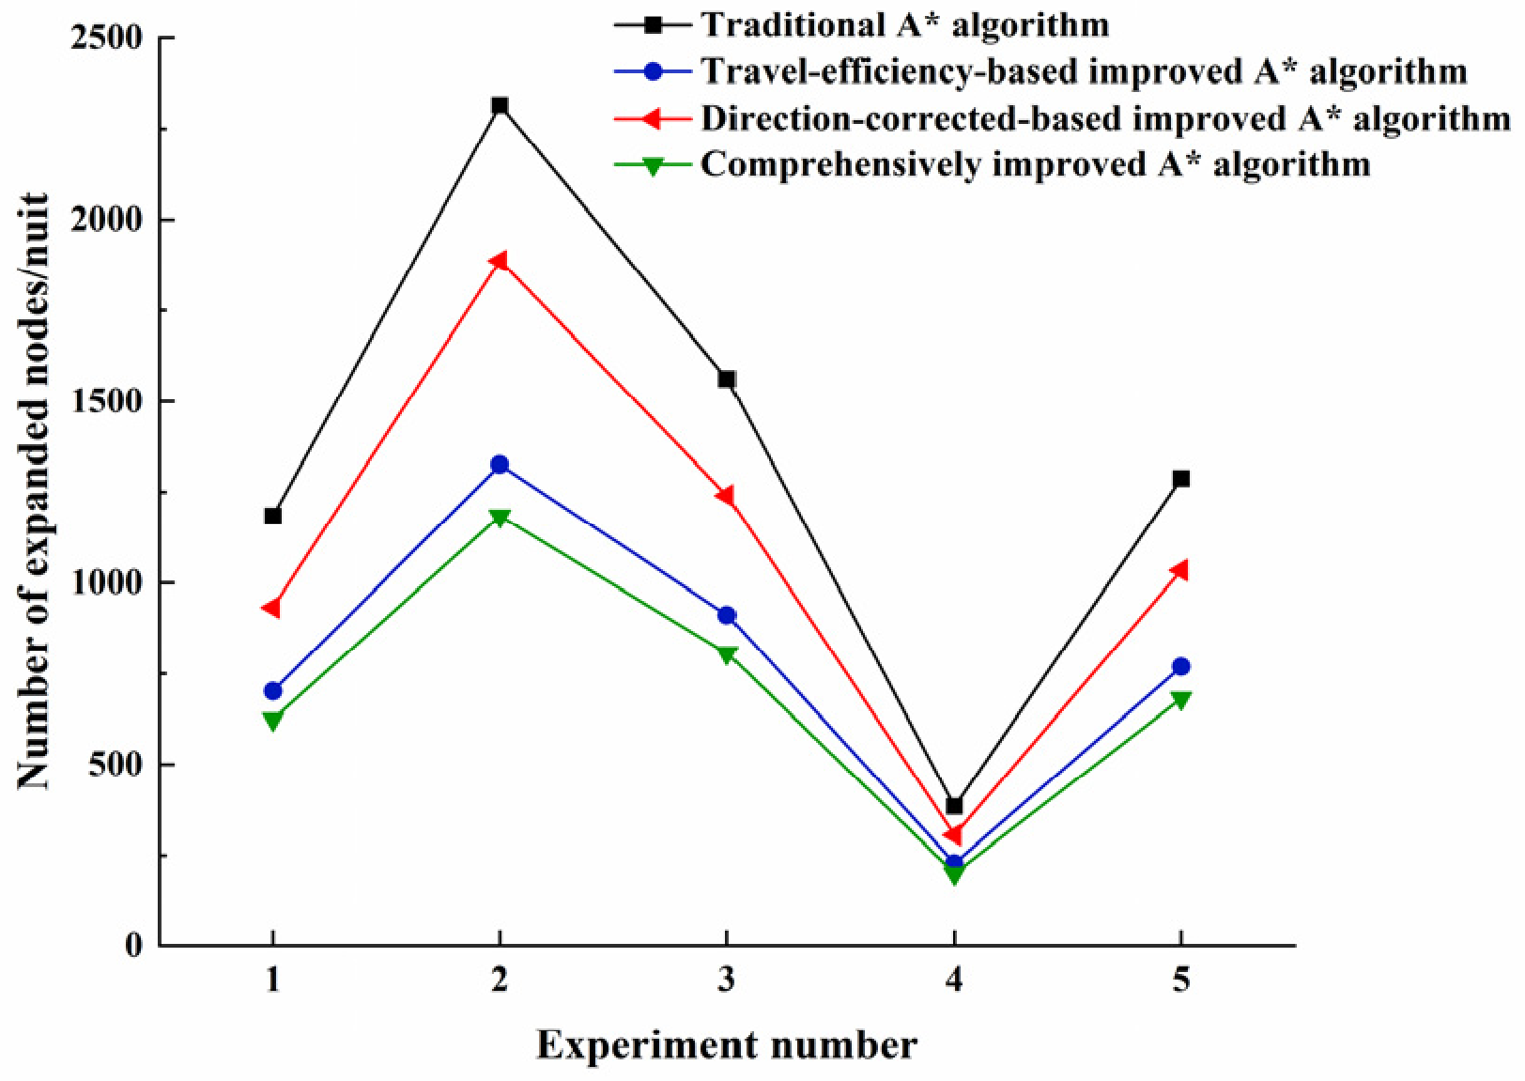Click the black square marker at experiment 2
(x=501, y=105)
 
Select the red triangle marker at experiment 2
(x=499, y=261)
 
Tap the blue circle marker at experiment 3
(x=727, y=615)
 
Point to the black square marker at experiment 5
(x=1181, y=479)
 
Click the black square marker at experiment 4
(x=954, y=806)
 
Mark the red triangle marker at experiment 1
(x=271, y=608)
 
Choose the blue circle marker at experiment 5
(x=1181, y=667)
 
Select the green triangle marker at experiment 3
(x=727, y=656)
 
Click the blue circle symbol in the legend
(x=654, y=71)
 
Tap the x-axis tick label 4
(x=954, y=981)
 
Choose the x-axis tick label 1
(x=273, y=981)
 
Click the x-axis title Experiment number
(x=727, y=1045)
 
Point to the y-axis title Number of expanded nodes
(x=34, y=491)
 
